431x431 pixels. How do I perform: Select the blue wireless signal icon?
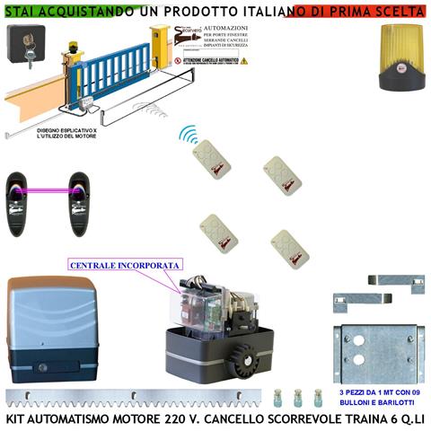[x=189, y=136]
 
